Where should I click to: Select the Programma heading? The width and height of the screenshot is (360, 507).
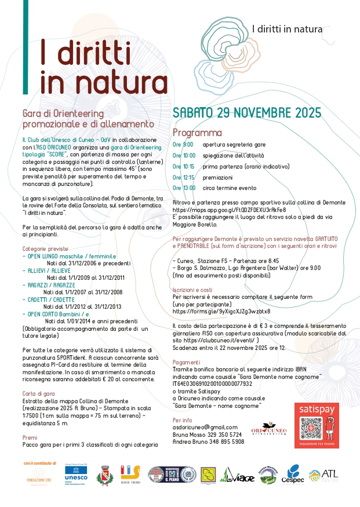[197, 133]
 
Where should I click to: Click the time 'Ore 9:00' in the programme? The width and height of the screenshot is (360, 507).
[183, 144]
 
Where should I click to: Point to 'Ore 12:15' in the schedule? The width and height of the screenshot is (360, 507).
[184, 177]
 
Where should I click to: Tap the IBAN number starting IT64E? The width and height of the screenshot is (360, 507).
[220, 383]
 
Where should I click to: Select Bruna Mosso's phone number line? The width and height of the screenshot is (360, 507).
[208, 433]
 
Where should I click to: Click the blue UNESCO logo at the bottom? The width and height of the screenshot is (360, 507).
[76, 475]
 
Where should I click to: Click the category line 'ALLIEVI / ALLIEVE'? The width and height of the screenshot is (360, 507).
[46, 271]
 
